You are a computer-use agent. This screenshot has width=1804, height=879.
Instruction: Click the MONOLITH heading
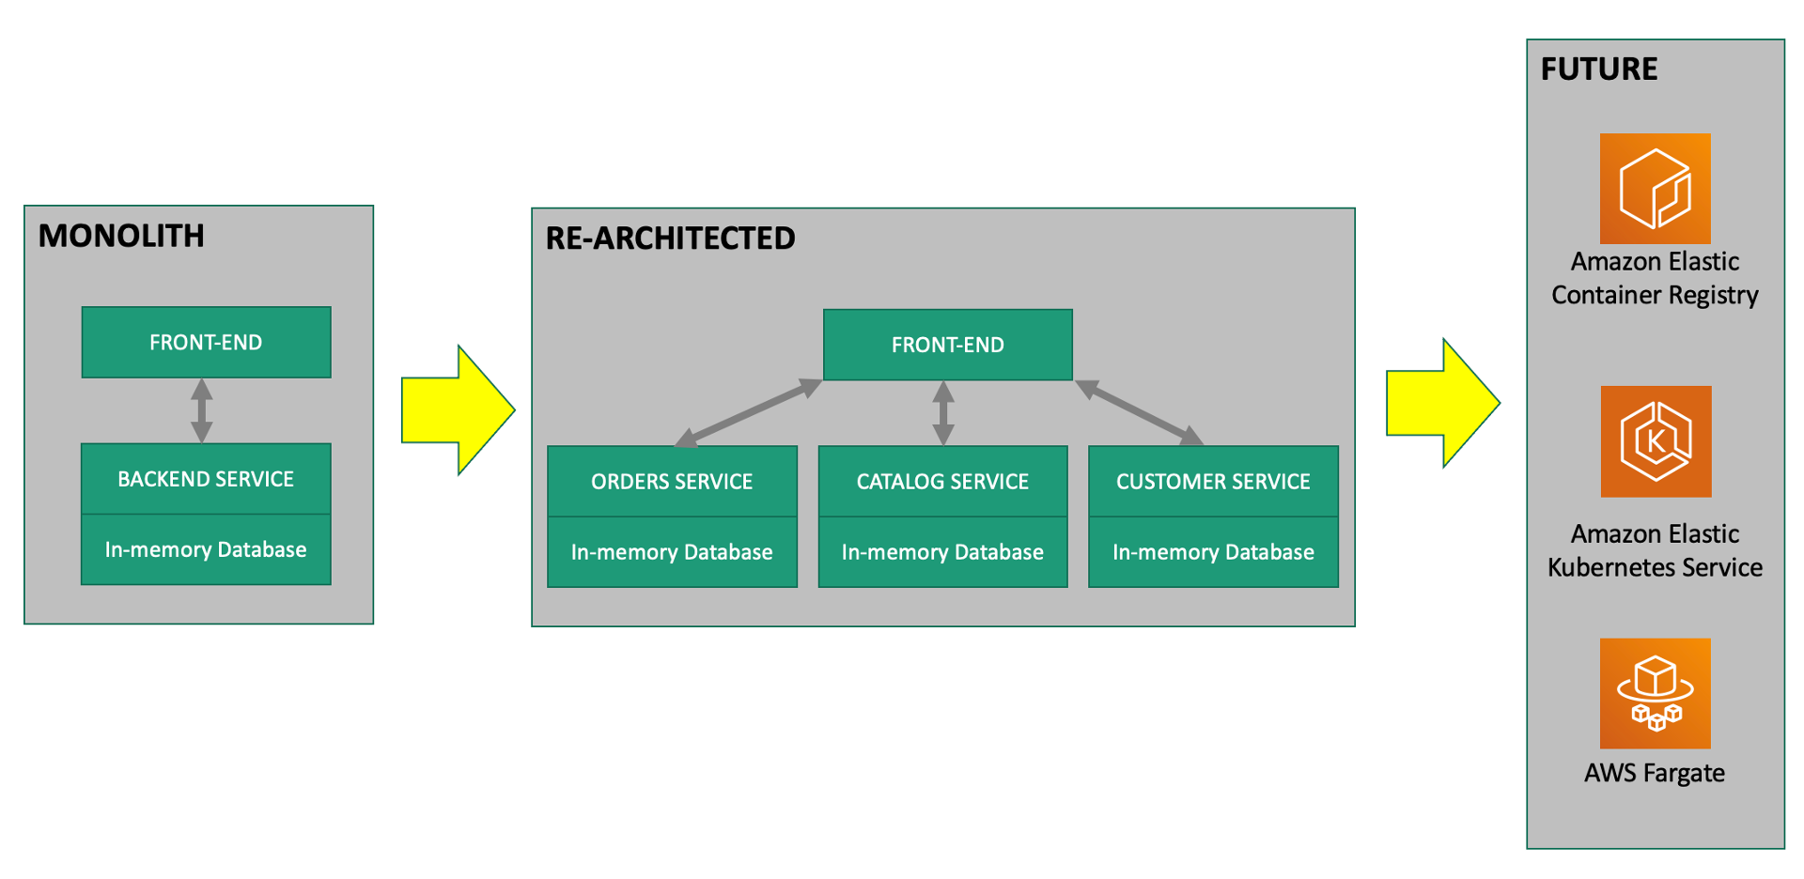[121, 236]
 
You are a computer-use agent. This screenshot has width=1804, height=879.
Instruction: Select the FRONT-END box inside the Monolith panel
[206, 343]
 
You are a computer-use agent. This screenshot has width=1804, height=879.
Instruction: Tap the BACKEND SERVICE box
[206, 479]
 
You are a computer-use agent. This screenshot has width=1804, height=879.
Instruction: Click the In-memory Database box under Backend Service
[206, 550]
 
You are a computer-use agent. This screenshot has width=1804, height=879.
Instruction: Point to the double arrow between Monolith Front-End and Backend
[202, 410]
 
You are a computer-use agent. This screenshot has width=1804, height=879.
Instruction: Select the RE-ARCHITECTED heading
[670, 239]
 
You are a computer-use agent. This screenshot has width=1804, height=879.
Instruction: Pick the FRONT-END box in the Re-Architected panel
[947, 345]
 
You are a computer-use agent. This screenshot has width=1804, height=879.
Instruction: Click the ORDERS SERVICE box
[672, 482]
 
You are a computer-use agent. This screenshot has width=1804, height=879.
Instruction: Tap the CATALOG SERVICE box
[942, 482]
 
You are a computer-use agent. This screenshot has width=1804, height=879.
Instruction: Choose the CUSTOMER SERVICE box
[1213, 482]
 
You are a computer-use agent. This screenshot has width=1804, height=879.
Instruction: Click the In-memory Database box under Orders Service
[672, 552]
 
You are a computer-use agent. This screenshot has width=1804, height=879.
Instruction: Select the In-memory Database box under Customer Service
[1213, 552]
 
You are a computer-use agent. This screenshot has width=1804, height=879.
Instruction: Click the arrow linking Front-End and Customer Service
[1139, 412]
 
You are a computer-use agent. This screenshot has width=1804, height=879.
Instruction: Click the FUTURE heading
[1599, 69]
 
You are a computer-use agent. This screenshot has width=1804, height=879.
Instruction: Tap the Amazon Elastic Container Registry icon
[1655, 189]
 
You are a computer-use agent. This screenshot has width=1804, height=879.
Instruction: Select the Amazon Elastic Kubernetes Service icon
[1656, 441]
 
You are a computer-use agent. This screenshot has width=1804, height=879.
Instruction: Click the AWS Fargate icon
[1655, 693]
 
